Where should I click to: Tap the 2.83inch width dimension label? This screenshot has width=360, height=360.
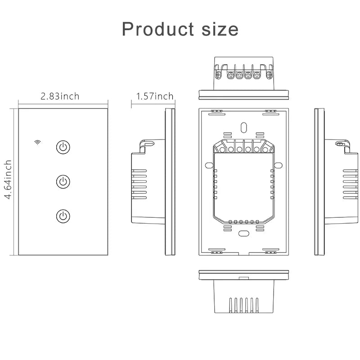[x=60, y=96]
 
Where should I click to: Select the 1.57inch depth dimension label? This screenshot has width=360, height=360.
[x=154, y=96]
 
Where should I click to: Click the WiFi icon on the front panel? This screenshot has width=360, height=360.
[x=37, y=143]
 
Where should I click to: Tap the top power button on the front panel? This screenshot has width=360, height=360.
[x=63, y=147]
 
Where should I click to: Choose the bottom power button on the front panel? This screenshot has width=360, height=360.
[x=63, y=216]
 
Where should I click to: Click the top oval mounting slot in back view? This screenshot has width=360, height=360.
[x=243, y=128]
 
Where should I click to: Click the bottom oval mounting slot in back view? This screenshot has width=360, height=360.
[x=243, y=234]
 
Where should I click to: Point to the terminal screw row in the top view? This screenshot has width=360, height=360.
[x=243, y=74]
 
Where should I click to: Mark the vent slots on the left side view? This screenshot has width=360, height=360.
[x=139, y=184]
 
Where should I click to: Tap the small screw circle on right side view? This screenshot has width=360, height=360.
[x=340, y=144]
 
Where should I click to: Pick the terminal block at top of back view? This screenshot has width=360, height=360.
[x=243, y=148]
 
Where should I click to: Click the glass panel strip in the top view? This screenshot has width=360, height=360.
[x=243, y=94]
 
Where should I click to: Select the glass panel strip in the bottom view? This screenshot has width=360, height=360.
[x=243, y=274]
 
